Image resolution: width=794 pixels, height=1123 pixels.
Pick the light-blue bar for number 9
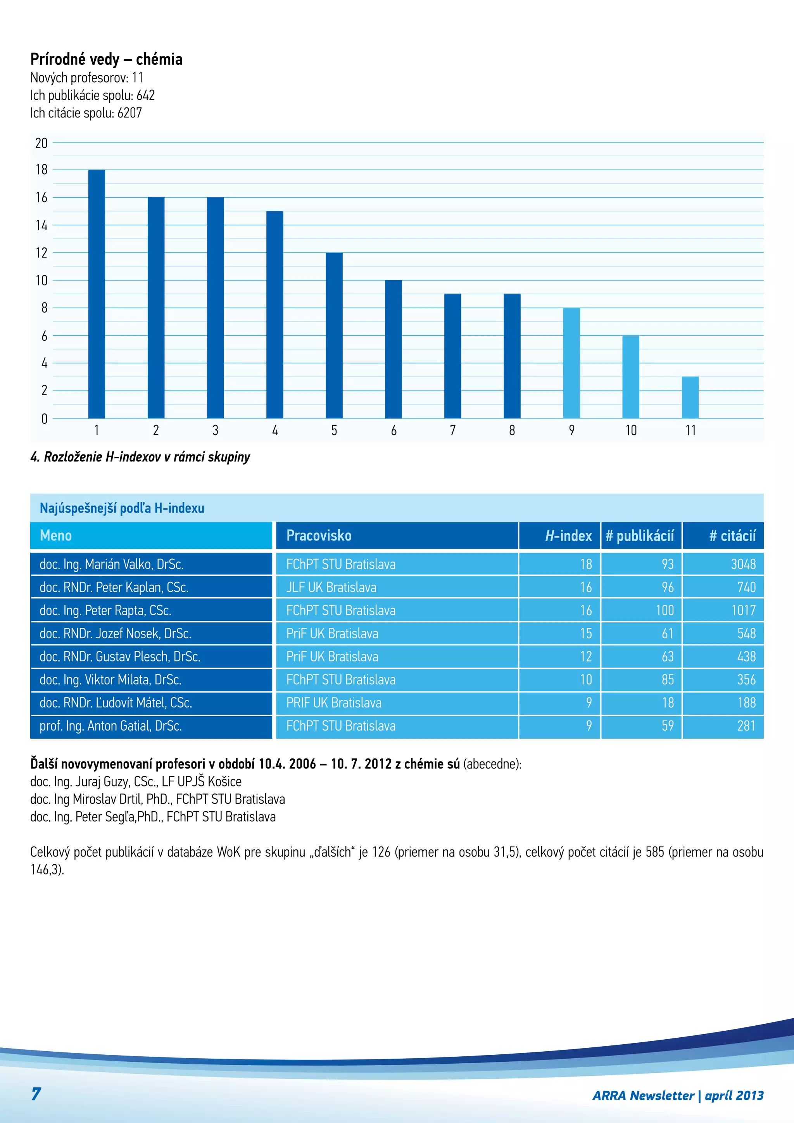(x=571, y=363)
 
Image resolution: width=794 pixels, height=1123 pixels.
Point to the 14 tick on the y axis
(x=41, y=225)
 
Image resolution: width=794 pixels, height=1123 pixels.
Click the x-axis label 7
(x=453, y=430)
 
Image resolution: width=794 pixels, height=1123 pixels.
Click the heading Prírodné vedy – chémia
(x=106, y=59)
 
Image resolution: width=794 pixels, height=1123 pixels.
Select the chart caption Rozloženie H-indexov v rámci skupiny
(x=140, y=457)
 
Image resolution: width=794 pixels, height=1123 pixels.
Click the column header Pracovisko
(x=319, y=536)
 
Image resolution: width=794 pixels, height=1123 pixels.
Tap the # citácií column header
(x=732, y=536)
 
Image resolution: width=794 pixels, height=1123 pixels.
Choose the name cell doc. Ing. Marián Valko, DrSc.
(x=112, y=565)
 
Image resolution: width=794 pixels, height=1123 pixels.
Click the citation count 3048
(x=743, y=565)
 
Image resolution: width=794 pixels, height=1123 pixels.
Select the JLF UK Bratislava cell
(x=331, y=587)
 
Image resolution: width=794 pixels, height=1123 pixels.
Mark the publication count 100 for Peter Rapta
(x=665, y=610)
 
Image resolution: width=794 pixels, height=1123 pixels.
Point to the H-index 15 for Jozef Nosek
(x=586, y=633)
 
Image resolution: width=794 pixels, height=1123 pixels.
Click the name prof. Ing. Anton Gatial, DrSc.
(x=110, y=726)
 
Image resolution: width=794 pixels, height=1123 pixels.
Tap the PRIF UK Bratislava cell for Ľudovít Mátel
(x=333, y=703)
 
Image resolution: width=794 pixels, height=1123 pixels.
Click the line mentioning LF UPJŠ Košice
(x=136, y=782)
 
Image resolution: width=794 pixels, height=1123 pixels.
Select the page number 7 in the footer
(x=36, y=1094)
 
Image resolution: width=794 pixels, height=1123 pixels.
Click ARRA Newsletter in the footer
(x=643, y=1095)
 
